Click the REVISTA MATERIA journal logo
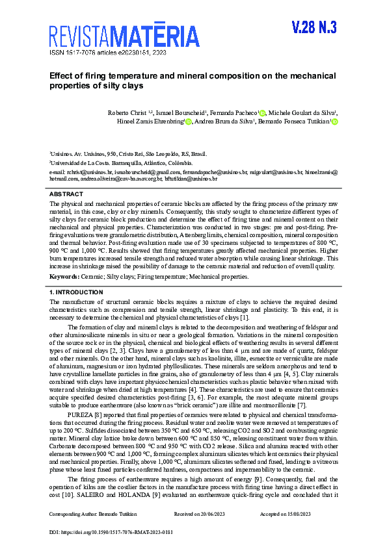point(124,34)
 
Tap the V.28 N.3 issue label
point(314,27)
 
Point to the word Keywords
point(64,277)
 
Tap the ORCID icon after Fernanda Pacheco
point(262,112)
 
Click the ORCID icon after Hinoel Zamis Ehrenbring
point(188,121)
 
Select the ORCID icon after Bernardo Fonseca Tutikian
point(334,121)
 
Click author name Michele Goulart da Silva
point(302,112)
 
